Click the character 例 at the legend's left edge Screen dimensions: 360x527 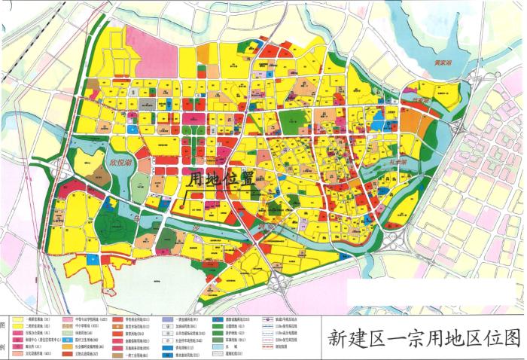4,348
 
